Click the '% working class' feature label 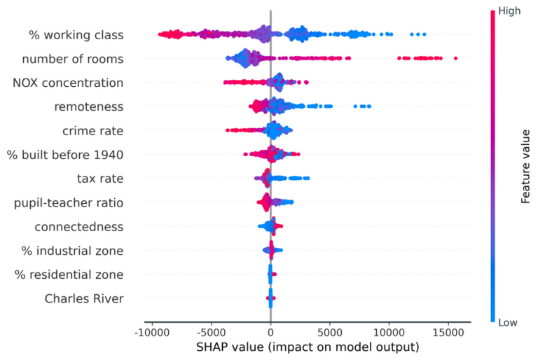coord(76,34)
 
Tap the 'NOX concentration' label coord(68,83)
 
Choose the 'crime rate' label coord(92,130)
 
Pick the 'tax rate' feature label coord(100,179)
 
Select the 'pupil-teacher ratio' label coord(69,202)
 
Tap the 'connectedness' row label coord(79,226)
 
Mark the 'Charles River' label coord(84,298)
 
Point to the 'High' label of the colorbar coord(509,11)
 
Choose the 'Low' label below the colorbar coord(508,323)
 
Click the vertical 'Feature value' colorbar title coord(525,167)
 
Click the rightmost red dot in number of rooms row coord(455,58)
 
